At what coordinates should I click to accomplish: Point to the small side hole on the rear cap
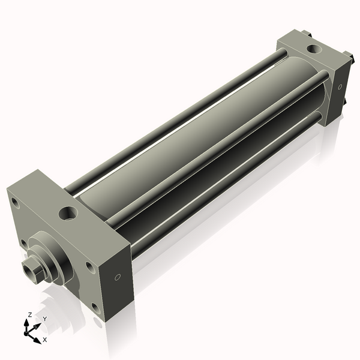pos(340,87)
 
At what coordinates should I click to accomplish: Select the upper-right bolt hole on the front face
pos(89,265)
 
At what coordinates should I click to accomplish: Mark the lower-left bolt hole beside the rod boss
pos(24,243)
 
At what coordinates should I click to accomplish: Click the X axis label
pos(44,340)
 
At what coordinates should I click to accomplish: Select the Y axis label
pos(44,318)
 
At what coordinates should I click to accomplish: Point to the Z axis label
pos(30,314)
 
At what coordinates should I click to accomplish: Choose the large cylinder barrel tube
pos(198,138)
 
